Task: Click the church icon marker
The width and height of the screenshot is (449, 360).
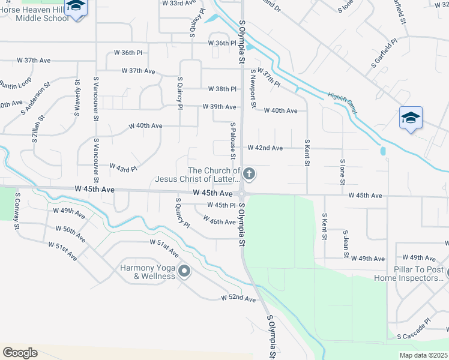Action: pyautogui.click(x=249, y=174)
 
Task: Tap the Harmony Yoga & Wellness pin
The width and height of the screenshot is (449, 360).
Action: pyautogui.click(x=184, y=272)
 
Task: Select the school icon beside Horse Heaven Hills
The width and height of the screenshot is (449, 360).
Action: pyautogui.click(x=76, y=7)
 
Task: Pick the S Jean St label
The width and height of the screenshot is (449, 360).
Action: pyautogui.click(x=345, y=244)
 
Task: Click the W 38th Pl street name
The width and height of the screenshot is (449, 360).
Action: pyautogui.click(x=223, y=89)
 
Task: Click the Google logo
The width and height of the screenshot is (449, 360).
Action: pyautogui.click(x=20, y=353)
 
